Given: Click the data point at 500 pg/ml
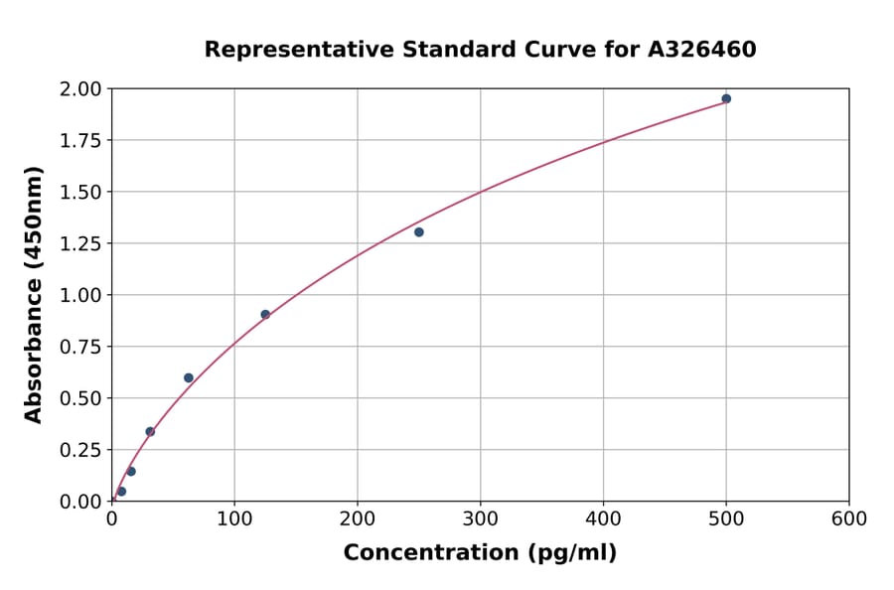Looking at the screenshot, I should (726, 99).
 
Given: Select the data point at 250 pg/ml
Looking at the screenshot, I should (419, 232).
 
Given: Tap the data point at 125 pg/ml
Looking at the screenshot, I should (265, 315).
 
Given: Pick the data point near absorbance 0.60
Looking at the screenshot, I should (189, 377).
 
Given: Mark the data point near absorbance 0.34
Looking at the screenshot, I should (150, 431).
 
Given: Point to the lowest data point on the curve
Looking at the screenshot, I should (121, 492).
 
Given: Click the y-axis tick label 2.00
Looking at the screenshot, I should (81, 89).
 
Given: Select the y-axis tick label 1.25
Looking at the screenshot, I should (81, 243).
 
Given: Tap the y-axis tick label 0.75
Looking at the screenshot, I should (81, 347).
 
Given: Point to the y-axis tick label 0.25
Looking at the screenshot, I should (81, 450).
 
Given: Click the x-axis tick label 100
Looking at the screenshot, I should (234, 519).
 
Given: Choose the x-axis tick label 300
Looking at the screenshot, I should (481, 519).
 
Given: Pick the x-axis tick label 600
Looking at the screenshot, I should (849, 519).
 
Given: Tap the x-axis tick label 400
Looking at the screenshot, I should (603, 519).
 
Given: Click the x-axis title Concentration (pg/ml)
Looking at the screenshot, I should (480, 553).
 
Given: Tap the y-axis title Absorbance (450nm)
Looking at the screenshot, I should (34, 295).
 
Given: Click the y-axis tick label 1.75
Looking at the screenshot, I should (81, 140).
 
